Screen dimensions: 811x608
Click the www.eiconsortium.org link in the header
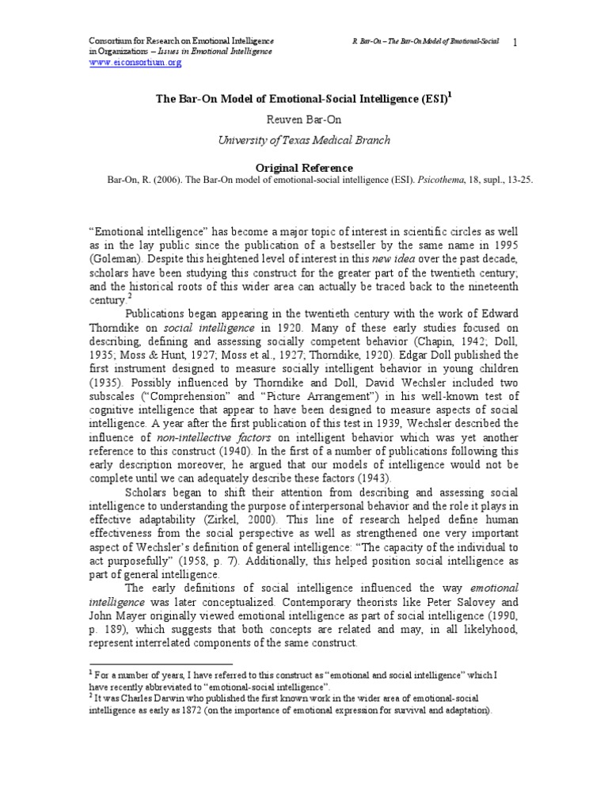(129, 62)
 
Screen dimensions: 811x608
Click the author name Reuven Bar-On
(304, 120)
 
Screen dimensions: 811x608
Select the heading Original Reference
(304, 168)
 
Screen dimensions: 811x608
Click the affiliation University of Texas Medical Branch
(304, 140)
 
